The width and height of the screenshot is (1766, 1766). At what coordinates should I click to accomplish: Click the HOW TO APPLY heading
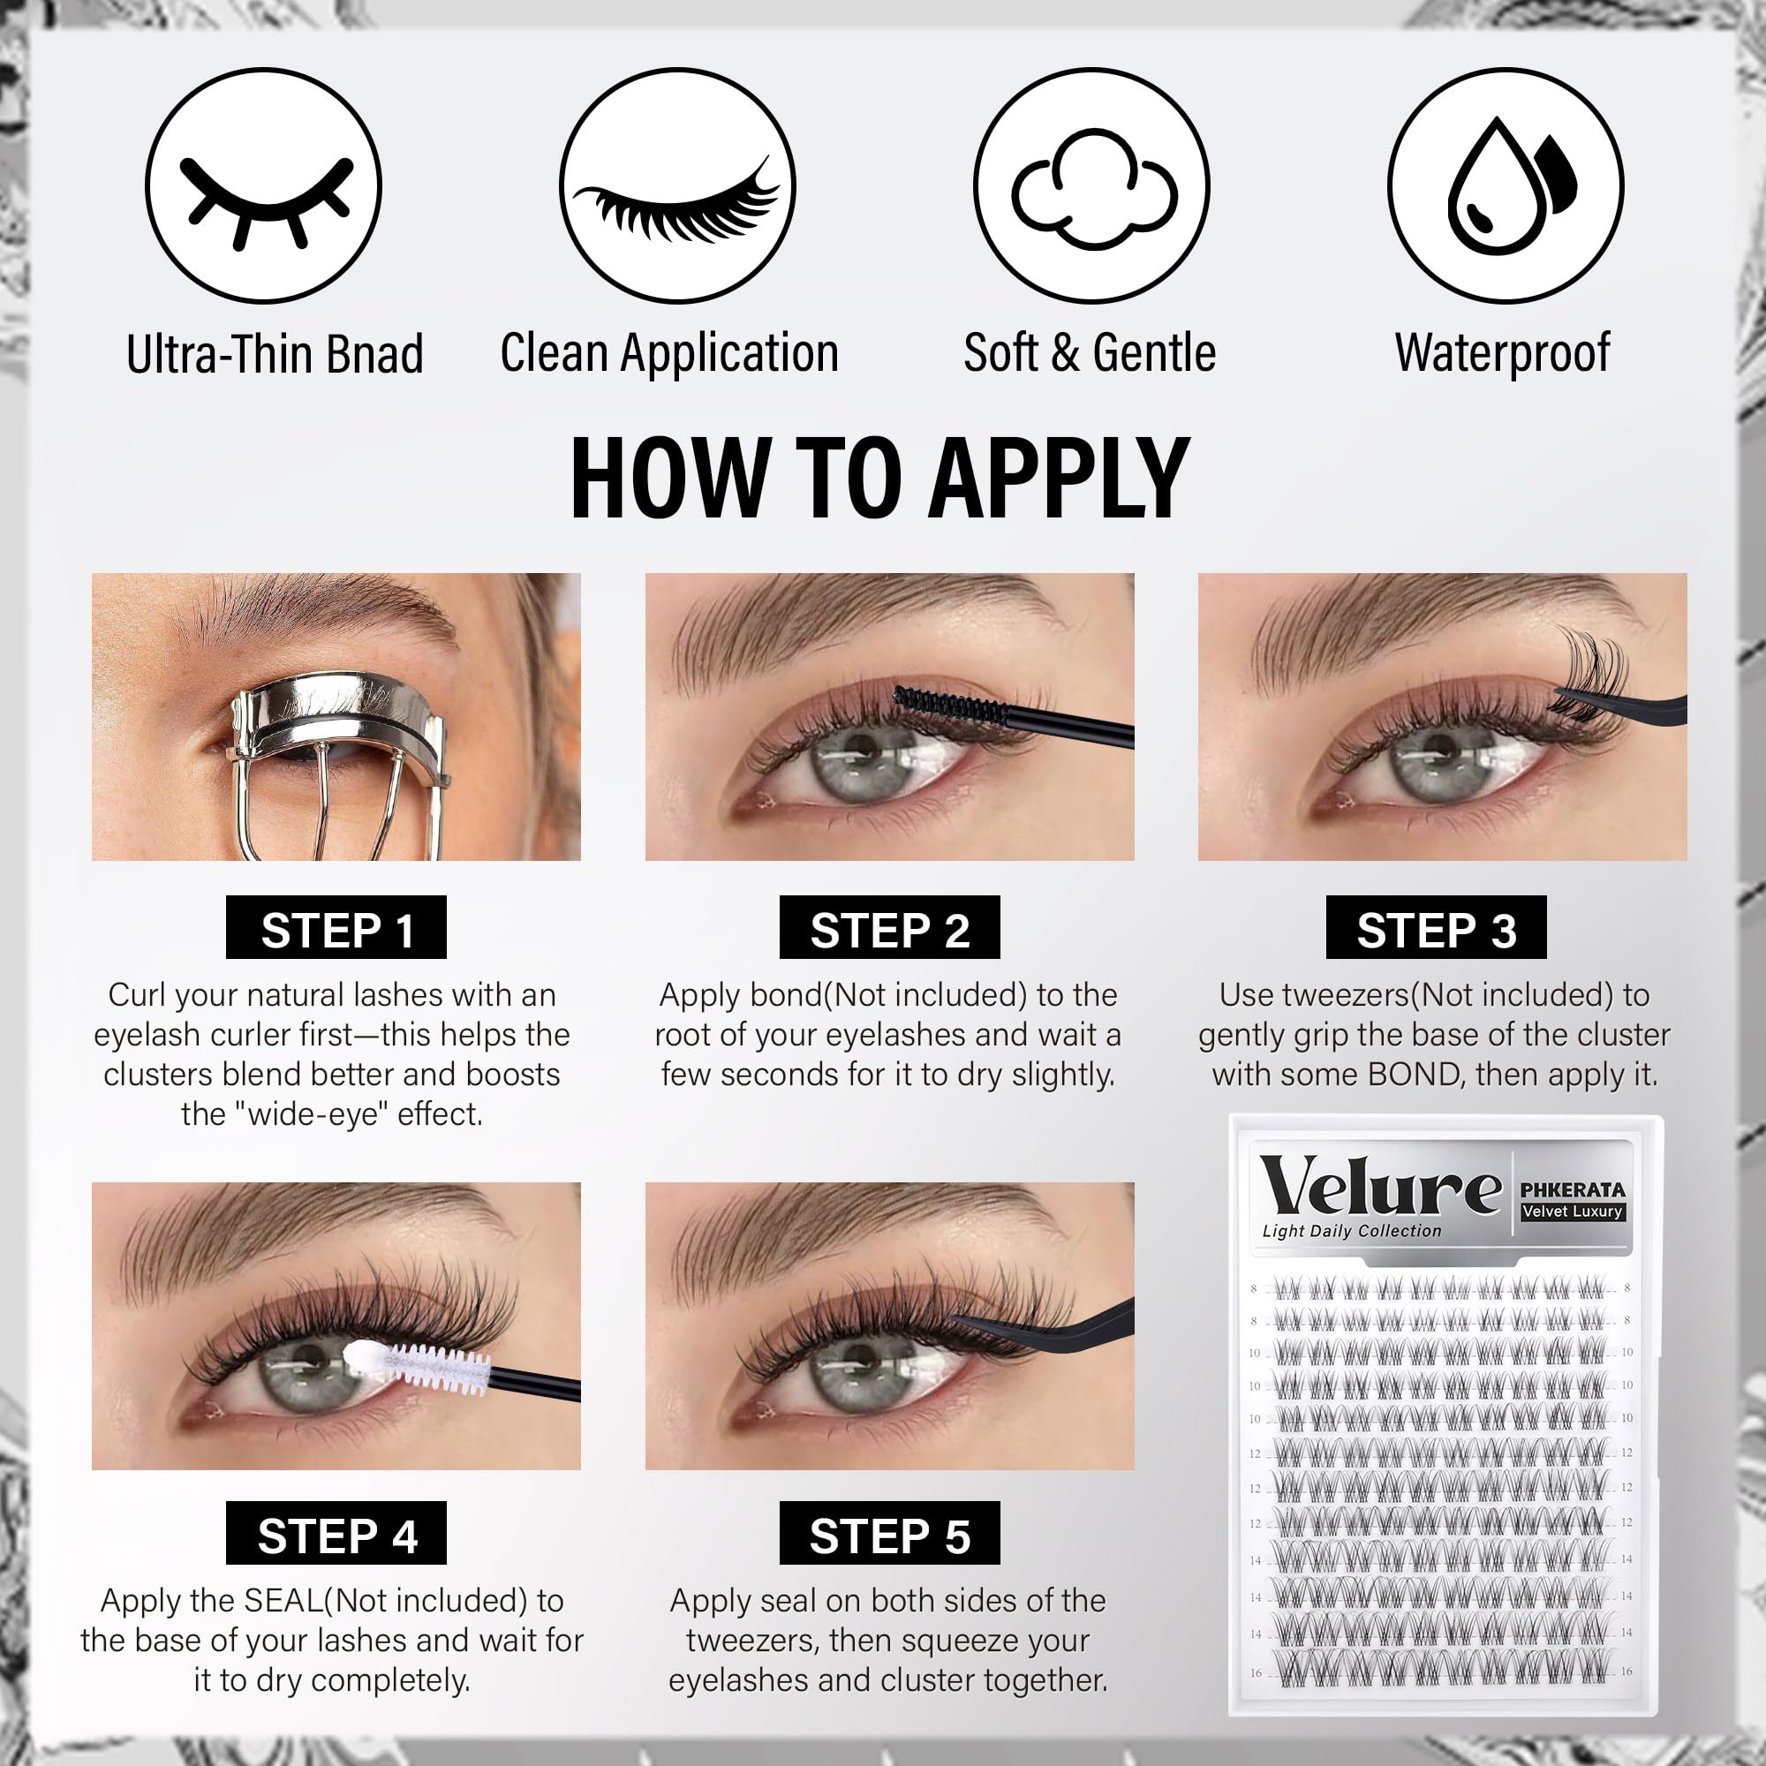(879, 478)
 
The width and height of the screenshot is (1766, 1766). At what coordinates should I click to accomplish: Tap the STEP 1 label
(336, 928)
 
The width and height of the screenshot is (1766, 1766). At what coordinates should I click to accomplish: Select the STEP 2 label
(889, 928)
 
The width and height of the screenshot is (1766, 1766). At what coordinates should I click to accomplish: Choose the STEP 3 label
(1436, 928)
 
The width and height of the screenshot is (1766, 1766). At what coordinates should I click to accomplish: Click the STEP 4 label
(336, 1533)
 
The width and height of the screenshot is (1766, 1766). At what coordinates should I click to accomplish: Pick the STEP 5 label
(889, 1533)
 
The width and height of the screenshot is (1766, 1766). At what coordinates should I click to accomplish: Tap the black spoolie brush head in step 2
(949, 705)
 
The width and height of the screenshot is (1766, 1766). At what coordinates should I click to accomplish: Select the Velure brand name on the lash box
(1380, 1186)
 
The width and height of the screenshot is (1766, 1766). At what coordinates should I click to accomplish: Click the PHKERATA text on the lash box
(1573, 1190)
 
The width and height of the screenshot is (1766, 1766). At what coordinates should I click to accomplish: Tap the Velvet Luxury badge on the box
(1573, 1212)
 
